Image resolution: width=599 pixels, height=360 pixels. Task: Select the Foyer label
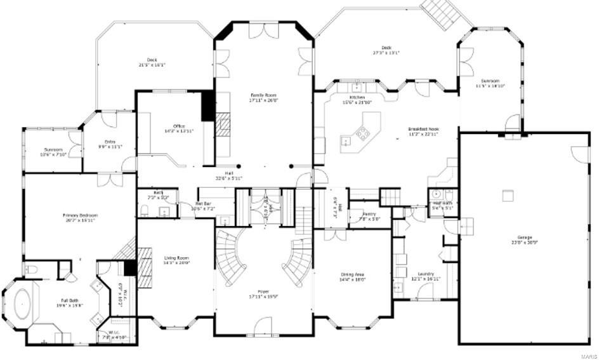(x=263, y=293)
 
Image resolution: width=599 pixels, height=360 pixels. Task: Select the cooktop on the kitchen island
(x=362, y=133)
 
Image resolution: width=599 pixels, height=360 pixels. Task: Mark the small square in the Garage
(x=507, y=196)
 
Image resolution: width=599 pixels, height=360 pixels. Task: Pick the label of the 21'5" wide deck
(x=152, y=62)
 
